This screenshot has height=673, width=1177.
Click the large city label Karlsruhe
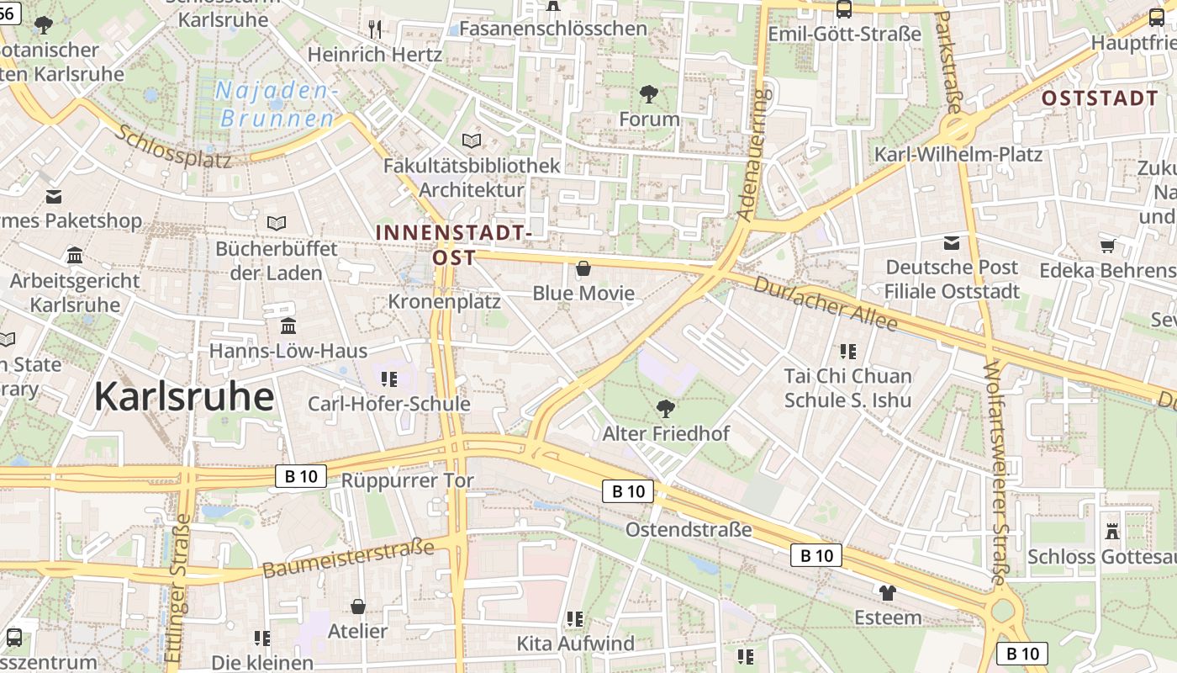click(183, 396)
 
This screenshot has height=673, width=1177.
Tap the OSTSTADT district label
click(1100, 98)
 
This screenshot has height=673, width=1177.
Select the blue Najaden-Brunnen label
click(277, 104)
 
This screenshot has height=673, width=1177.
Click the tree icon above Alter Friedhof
click(666, 409)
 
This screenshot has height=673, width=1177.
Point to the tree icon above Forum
click(648, 93)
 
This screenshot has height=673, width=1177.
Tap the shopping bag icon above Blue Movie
click(583, 269)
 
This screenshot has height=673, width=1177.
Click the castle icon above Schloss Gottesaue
click(1112, 532)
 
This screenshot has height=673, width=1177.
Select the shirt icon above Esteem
click(887, 592)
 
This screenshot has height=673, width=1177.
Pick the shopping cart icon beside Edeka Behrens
click(1107, 246)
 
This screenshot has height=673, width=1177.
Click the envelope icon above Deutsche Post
click(951, 243)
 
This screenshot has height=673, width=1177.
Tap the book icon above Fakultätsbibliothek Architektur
click(472, 140)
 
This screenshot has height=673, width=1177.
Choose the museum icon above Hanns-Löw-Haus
click(288, 326)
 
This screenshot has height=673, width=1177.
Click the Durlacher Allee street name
click(825, 303)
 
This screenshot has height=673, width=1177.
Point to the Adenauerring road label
click(753, 155)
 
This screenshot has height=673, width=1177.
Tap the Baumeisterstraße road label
click(348, 559)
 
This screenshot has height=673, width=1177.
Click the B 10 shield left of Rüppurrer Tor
click(301, 476)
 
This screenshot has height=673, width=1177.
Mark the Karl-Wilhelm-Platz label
click(958, 155)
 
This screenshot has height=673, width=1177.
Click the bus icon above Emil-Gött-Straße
click(843, 9)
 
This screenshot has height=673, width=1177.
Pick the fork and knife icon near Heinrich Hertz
click(375, 29)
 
